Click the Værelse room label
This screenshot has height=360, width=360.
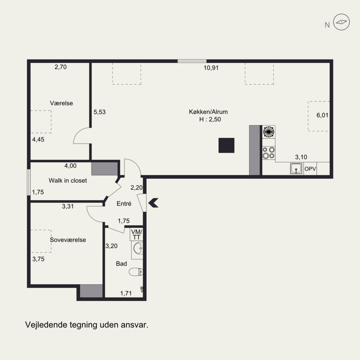61,103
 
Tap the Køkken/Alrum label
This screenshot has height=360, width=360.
208,112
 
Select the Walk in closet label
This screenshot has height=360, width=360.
68,180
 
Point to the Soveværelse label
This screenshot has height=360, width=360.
68,240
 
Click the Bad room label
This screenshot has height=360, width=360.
121,264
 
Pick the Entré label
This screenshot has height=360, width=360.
124,203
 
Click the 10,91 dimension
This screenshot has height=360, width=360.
211,68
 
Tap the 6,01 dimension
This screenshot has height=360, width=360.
322,115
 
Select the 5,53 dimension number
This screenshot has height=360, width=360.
99,112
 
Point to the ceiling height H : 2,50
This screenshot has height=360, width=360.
210,119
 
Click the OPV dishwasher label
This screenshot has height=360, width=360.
310,169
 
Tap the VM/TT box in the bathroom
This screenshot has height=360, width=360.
137,234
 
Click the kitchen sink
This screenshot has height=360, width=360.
296,169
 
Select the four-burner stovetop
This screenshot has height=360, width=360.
269,153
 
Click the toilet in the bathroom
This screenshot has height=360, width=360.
136,272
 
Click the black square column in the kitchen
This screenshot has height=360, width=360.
226,145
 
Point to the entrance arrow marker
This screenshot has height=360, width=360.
153,203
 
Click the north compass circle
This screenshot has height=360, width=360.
342,22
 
